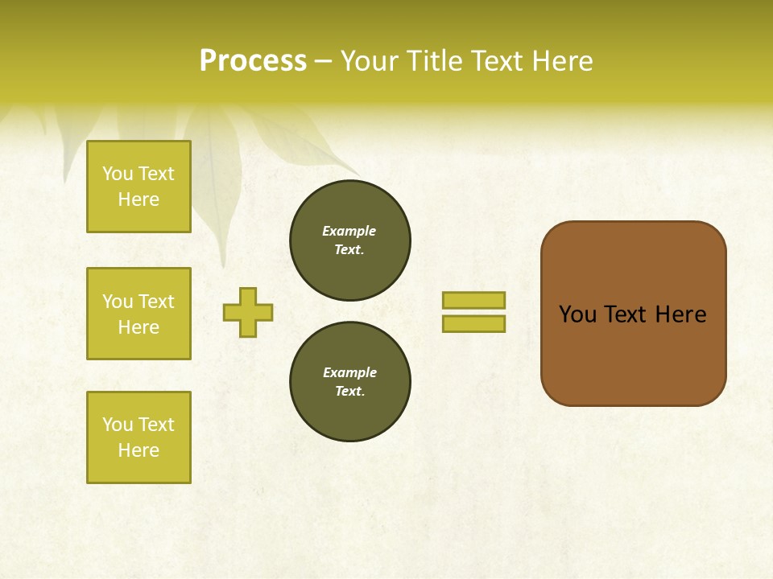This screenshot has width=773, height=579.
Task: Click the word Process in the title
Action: pos(253,61)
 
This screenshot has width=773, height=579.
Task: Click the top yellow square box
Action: pos(138,187)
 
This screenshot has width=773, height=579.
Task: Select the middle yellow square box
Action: pos(138,314)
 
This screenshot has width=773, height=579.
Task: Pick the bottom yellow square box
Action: pos(138,437)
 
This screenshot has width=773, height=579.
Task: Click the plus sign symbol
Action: pos(248,312)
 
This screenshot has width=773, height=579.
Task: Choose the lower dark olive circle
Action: pos(350,382)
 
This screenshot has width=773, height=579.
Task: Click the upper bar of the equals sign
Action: pos(473,300)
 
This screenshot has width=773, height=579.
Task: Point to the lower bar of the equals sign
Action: pos(473,324)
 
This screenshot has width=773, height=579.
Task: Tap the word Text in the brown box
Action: pos(626,314)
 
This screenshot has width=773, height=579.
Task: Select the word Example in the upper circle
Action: pos(349,231)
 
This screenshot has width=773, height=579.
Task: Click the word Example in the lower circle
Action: pos(349,372)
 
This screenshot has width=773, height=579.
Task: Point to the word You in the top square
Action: pos(118,174)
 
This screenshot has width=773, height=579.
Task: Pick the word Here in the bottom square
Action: pos(138,450)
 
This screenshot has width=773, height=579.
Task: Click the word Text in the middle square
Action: pos(156,302)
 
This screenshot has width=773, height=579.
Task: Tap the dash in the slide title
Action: pos(323,61)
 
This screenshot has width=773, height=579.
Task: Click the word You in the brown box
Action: pos(577,314)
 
